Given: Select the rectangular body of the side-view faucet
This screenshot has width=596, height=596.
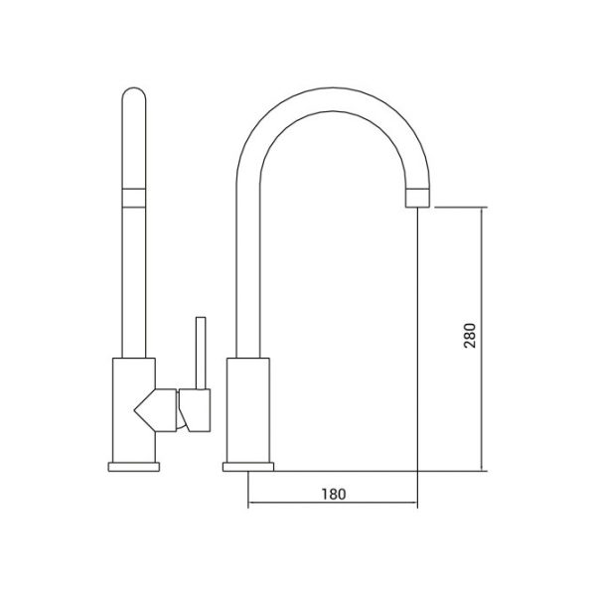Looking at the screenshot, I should (247, 408).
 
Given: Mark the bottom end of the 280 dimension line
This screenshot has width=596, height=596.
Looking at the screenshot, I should (484, 470).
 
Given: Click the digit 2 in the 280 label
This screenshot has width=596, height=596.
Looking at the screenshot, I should (471, 348).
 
